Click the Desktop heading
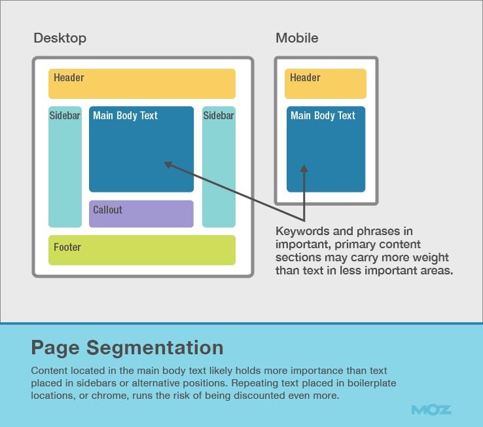pos(60,38)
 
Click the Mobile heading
pos(296,38)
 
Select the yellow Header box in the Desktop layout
pos(141,84)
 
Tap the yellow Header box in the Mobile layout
pos(325,84)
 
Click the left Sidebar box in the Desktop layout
pos(65,167)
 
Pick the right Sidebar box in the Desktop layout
pos(218,167)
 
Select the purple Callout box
pos(141,213)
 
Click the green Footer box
pos(141,250)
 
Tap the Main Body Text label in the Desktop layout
pos(125,116)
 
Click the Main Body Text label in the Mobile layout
pos(323,116)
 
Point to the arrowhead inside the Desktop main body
pos(168,164)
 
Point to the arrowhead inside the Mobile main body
pos(304,169)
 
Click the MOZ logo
pos(431,410)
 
